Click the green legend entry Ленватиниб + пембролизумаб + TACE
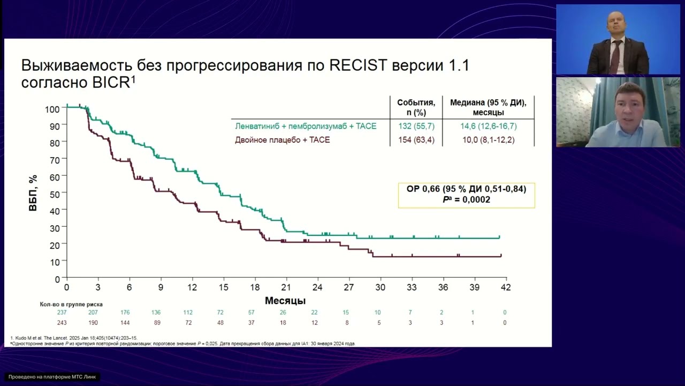coord(306,127)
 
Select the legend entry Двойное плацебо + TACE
coord(283,140)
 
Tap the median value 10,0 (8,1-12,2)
coord(488,140)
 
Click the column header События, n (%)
coord(416,107)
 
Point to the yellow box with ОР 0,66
coord(466,195)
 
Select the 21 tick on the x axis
coord(286,287)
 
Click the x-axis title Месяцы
coord(285,301)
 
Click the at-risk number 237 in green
coord(63,312)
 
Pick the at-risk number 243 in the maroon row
coord(63,323)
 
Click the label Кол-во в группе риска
coord(71,304)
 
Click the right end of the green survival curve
coord(499,237)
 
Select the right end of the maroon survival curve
coord(501,256)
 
